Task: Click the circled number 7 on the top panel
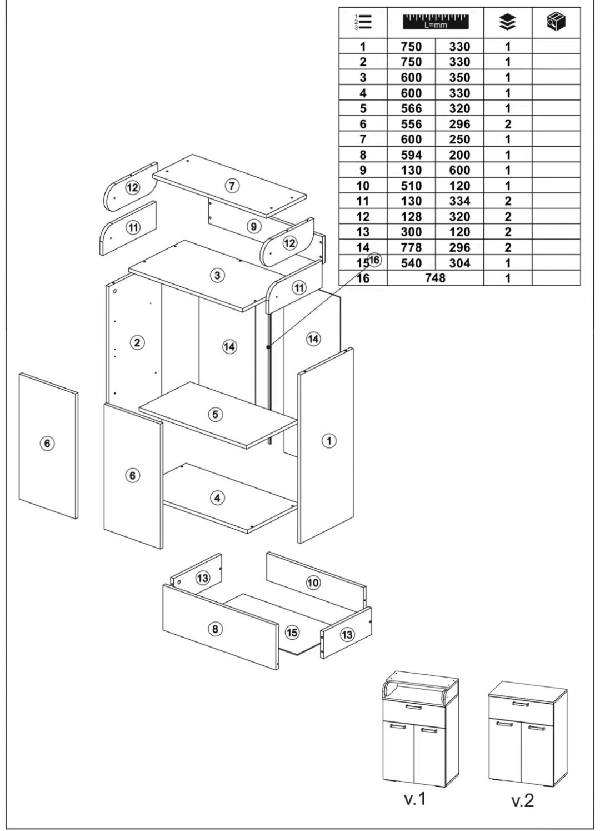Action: (x=232, y=186)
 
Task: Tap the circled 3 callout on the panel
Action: (x=218, y=275)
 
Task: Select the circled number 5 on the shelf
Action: (x=216, y=414)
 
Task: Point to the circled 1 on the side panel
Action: (x=329, y=441)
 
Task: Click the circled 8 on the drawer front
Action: (x=215, y=629)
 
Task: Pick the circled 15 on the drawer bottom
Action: (x=292, y=633)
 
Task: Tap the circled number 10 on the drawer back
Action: (x=313, y=582)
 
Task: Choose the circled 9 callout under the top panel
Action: (x=253, y=226)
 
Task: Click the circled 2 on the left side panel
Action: (x=137, y=342)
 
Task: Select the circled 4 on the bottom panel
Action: (x=217, y=498)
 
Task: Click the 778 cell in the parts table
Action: (x=411, y=247)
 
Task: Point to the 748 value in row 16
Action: (x=435, y=278)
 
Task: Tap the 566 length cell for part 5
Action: (x=411, y=108)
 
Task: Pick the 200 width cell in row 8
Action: (x=459, y=155)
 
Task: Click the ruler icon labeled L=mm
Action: (x=435, y=22)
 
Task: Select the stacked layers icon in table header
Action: (x=507, y=22)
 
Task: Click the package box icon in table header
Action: (x=556, y=22)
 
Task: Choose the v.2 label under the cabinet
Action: (x=522, y=800)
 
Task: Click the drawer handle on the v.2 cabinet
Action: (x=519, y=704)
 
